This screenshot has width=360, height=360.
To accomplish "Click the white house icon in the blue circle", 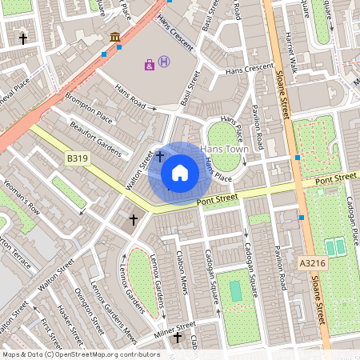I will pyautogui.click(x=180, y=172).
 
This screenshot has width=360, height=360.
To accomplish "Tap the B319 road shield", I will pyautogui.click(x=78, y=159).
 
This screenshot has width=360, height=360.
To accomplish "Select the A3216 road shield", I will pyautogui.click(x=313, y=262).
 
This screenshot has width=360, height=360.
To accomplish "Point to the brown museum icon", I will pyautogui.click(x=116, y=37).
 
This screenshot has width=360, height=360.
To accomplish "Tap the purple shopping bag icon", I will pyautogui.click(x=149, y=64).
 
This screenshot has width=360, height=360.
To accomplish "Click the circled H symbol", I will pyautogui.click(x=164, y=62).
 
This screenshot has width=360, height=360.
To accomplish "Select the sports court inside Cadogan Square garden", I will pyautogui.click(x=235, y=291).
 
